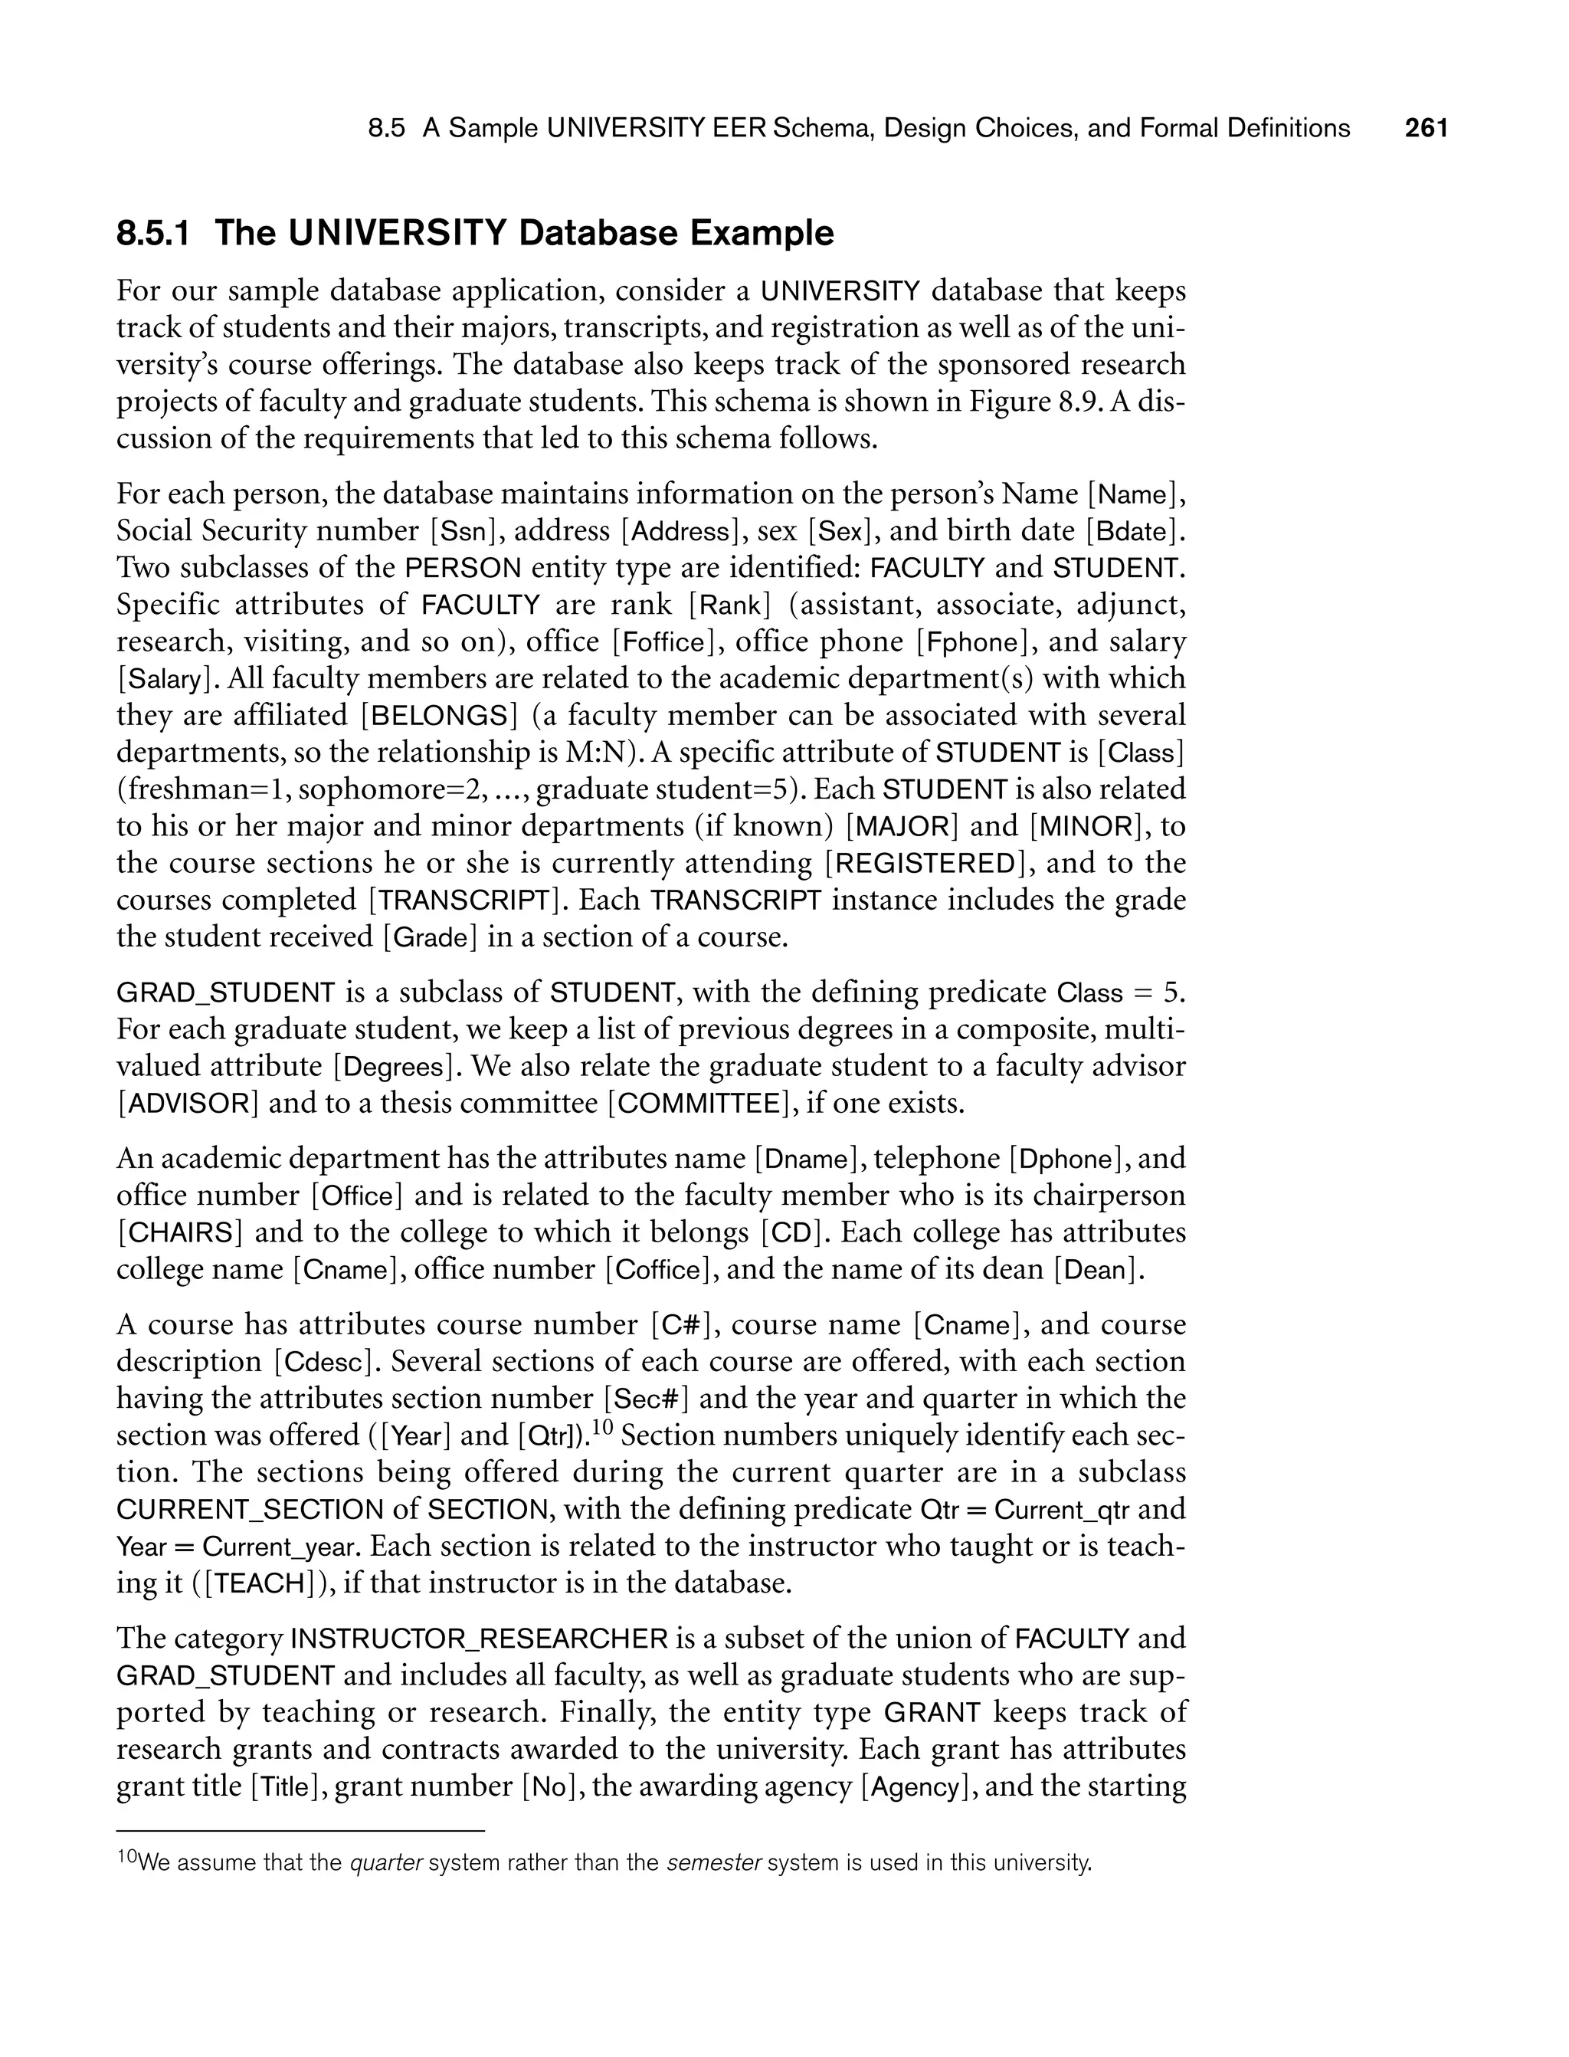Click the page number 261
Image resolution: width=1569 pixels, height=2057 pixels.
(x=1426, y=128)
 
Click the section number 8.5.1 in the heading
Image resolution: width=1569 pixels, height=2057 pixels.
(x=153, y=233)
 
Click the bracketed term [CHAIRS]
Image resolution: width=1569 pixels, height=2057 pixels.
(x=180, y=1233)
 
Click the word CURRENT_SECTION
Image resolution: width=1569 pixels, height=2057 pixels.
(x=249, y=1510)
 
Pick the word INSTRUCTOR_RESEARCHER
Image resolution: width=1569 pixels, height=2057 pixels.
(x=481, y=1639)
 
